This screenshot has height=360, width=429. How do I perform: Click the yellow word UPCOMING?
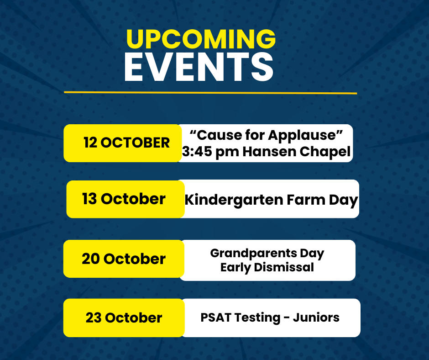(201, 39)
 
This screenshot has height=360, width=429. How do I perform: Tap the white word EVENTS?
(199, 67)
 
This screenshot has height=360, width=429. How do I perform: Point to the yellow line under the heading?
(210, 93)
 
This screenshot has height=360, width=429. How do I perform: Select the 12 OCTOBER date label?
(127, 143)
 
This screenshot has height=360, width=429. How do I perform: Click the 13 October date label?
(124, 199)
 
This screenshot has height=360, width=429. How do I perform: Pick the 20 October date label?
(124, 259)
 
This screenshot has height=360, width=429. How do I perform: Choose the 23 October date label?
(124, 318)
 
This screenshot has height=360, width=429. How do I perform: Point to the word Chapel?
(325, 152)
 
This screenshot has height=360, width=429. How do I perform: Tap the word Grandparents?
(254, 254)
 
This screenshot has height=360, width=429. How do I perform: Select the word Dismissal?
(284, 267)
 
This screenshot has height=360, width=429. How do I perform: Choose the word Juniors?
(316, 318)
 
